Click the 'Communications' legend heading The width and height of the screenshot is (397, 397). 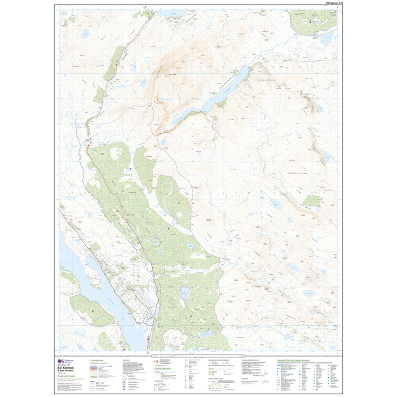99,360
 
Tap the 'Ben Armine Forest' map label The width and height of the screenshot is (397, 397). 298,173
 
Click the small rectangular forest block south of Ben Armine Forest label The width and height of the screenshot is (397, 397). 312,200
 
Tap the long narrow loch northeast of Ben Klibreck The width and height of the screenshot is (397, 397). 217,95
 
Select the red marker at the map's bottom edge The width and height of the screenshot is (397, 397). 147,353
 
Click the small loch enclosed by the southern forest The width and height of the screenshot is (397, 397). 185,293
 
